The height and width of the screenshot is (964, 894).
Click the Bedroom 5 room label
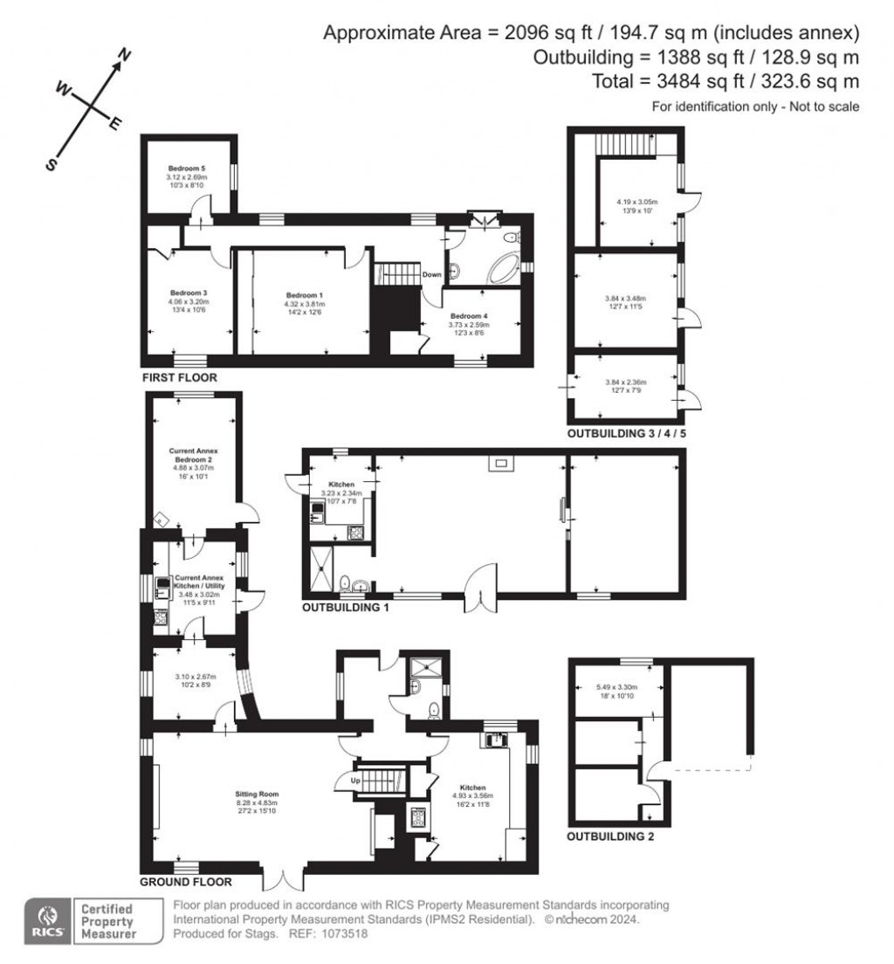pos(188,168)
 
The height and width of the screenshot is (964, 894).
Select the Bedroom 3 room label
pos(188,292)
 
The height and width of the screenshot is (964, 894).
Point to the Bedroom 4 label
pos(469,315)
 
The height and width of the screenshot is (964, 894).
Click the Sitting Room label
pos(258,794)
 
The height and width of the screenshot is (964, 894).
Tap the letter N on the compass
pos(125,56)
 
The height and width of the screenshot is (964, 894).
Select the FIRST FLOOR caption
pos(179,377)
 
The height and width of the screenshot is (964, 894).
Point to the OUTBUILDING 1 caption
pos(345,607)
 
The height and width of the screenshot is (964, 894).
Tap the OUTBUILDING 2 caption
pos(610,837)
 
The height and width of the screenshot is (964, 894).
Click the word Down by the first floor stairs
pos(431,274)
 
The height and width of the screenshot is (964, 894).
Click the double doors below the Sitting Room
pos(283,877)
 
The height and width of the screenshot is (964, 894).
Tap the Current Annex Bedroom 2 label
pos(193,457)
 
